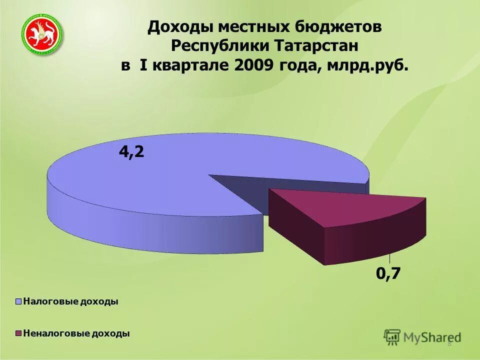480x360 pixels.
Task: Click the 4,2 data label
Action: pos(131,152)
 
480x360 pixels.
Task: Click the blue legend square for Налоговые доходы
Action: pos(19,301)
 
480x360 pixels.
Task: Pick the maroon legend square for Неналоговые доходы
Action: pos(19,333)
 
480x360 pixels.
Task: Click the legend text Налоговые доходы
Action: pos(70,301)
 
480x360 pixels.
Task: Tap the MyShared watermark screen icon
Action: pos(392,337)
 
